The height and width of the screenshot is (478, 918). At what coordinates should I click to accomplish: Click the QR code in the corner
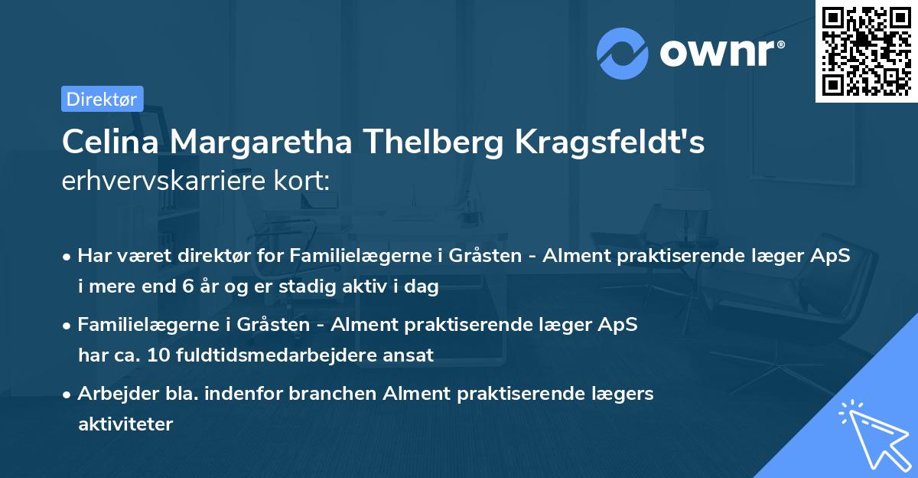click(866, 51)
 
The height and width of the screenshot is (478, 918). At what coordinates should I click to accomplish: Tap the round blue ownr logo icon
click(623, 53)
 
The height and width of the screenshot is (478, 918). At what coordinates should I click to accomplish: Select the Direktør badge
click(102, 99)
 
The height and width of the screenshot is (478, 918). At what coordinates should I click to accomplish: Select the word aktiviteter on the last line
click(125, 424)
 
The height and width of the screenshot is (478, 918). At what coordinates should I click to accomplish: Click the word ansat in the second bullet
click(412, 355)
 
